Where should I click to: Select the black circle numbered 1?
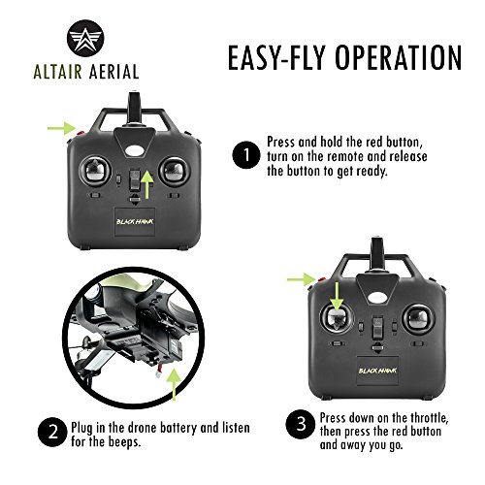245,154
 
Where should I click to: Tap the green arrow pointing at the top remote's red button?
61,126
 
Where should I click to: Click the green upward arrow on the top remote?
146,182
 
